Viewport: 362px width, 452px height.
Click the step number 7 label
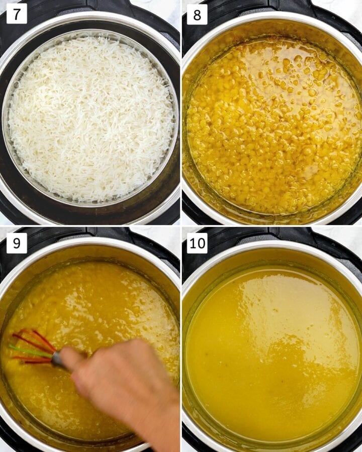(17, 15)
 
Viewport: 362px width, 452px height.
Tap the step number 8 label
(197, 15)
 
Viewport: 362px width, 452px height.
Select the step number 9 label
(17, 243)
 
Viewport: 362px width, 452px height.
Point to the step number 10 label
(198, 243)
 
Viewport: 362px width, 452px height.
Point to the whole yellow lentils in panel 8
(271, 126)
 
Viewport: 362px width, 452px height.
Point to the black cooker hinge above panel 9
(90, 234)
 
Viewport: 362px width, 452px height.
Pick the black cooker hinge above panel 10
(271, 234)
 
